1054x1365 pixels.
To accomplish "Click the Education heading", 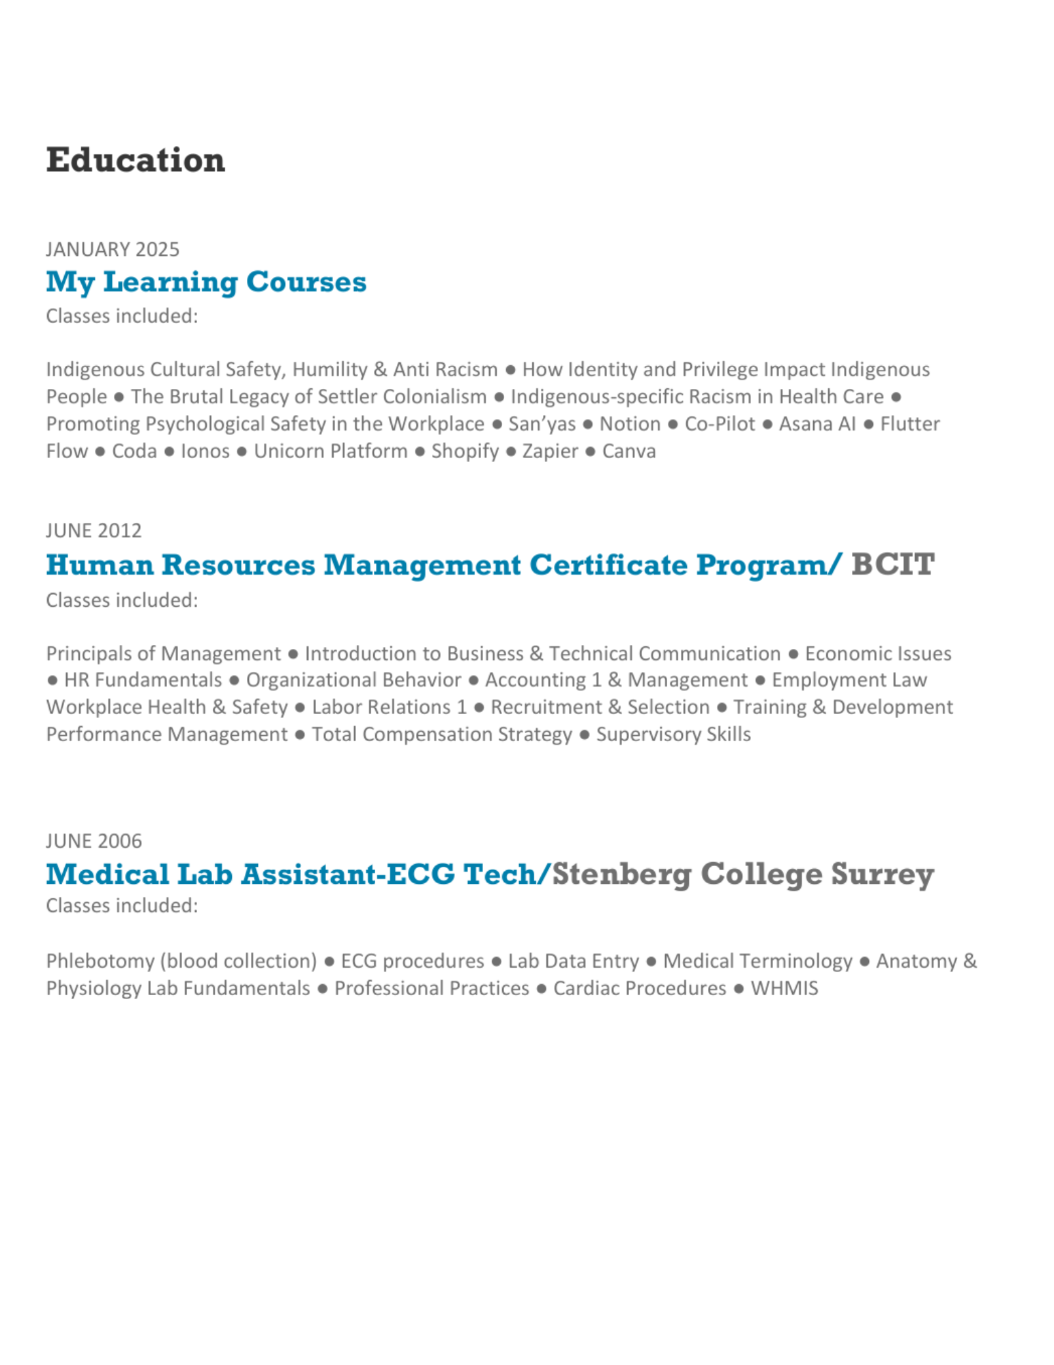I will [x=135, y=160].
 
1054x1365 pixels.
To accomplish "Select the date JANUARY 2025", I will [x=113, y=249].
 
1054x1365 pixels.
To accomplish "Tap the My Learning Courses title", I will [x=206, y=282].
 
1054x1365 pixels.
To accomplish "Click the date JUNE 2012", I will [x=93, y=530].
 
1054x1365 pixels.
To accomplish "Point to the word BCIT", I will [x=892, y=564].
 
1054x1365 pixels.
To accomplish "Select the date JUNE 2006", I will [x=93, y=840].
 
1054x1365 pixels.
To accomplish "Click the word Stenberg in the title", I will [x=621, y=874].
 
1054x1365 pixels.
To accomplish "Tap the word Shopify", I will [x=465, y=451].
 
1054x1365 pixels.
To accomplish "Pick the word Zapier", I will [x=550, y=451].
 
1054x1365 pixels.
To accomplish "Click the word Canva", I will [x=628, y=451].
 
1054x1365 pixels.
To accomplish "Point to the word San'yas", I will [x=542, y=424].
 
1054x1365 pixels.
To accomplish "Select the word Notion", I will [x=630, y=424].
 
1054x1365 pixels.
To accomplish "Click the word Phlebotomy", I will [x=100, y=961].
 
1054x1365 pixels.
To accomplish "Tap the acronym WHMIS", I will [x=784, y=988].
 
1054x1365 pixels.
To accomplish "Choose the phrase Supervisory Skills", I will [x=673, y=734].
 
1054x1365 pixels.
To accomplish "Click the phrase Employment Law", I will [x=849, y=680].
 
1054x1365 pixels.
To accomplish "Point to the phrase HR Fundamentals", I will [x=143, y=680].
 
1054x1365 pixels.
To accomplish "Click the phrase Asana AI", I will [x=817, y=424].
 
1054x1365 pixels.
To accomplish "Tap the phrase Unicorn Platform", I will [x=330, y=451].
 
